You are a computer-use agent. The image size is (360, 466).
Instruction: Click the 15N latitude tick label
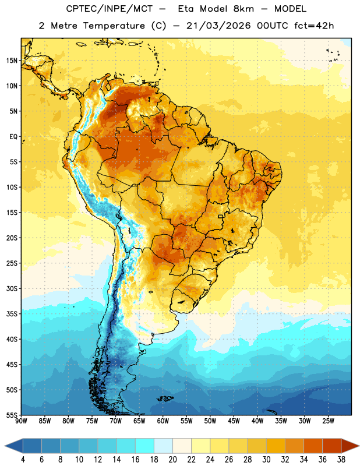(x=12, y=61)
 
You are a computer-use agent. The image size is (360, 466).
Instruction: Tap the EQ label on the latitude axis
(x=13, y=137)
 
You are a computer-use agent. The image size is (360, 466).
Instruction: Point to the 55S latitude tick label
(x=12, y=415)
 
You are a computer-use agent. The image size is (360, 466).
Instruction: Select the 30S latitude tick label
(x=12, y=288)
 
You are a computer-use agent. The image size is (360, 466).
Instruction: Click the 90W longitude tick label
(x=21, y=421)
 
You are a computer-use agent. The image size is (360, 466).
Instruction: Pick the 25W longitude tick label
(x=328, y=421)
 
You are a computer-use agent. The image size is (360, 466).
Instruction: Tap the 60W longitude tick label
(x=163, y=421)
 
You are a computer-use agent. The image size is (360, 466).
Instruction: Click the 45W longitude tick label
(x=234, y=421)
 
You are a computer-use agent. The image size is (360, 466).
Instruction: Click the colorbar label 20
(x=172, y=460)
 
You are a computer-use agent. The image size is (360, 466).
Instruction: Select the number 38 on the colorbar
(x=341, y=460)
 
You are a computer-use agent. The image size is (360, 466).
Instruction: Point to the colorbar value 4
(x=23, y=460)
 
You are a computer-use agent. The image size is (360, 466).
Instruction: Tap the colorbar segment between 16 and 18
(x=145, y=446)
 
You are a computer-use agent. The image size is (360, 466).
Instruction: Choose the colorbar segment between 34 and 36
(x=313, y=446)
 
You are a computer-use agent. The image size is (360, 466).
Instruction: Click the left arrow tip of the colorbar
(x=5, y=446)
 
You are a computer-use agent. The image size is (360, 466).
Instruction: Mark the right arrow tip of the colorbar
(x=359, y=446)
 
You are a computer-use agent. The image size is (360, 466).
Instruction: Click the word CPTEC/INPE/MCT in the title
(x=110, y=9)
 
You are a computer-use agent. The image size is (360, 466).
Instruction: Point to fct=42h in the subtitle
(x=314, y=26)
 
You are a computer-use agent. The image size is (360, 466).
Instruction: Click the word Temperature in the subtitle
(x=114, y=26)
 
